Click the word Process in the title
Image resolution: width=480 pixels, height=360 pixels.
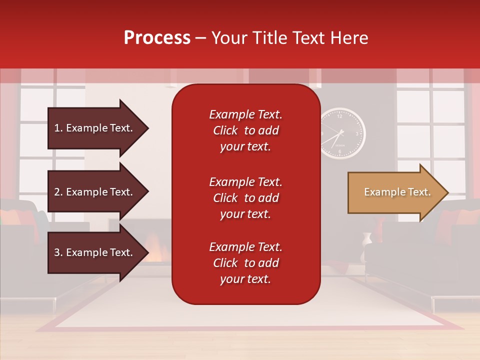[157, 38]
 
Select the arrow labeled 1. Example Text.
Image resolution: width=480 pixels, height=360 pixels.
[95, 128]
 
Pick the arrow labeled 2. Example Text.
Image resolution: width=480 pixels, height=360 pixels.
[95, 192]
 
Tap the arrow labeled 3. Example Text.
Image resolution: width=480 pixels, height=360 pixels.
[95, 252]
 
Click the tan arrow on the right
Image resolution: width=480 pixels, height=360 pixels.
[395, 192]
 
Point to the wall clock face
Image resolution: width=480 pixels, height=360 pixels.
[342, 133]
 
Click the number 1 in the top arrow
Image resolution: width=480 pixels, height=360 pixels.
[56, 128]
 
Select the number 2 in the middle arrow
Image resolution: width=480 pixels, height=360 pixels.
[56, 192]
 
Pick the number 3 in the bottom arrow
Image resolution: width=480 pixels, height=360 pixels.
[56, 252]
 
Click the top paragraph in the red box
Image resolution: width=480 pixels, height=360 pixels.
[245, 130]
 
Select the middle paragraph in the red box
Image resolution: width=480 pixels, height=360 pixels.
[245, 198]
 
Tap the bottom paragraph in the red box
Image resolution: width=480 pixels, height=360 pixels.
[245, 263]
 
